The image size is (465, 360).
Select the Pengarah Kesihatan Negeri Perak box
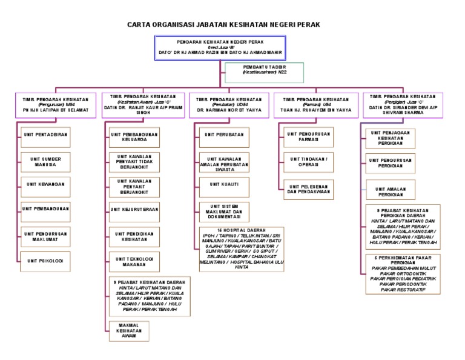pos(221,48)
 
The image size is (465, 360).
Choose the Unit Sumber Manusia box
pos(45,161)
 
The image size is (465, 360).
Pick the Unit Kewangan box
pos(45,184)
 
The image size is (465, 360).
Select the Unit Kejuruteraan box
pos(134,210)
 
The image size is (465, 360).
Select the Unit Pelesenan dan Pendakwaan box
pos(308,189)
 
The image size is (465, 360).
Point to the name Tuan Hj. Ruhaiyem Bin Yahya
pos(312,110)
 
